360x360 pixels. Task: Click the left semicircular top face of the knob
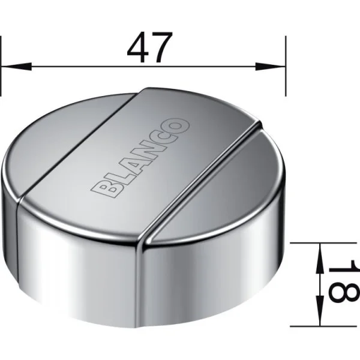(x=60, y=156)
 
